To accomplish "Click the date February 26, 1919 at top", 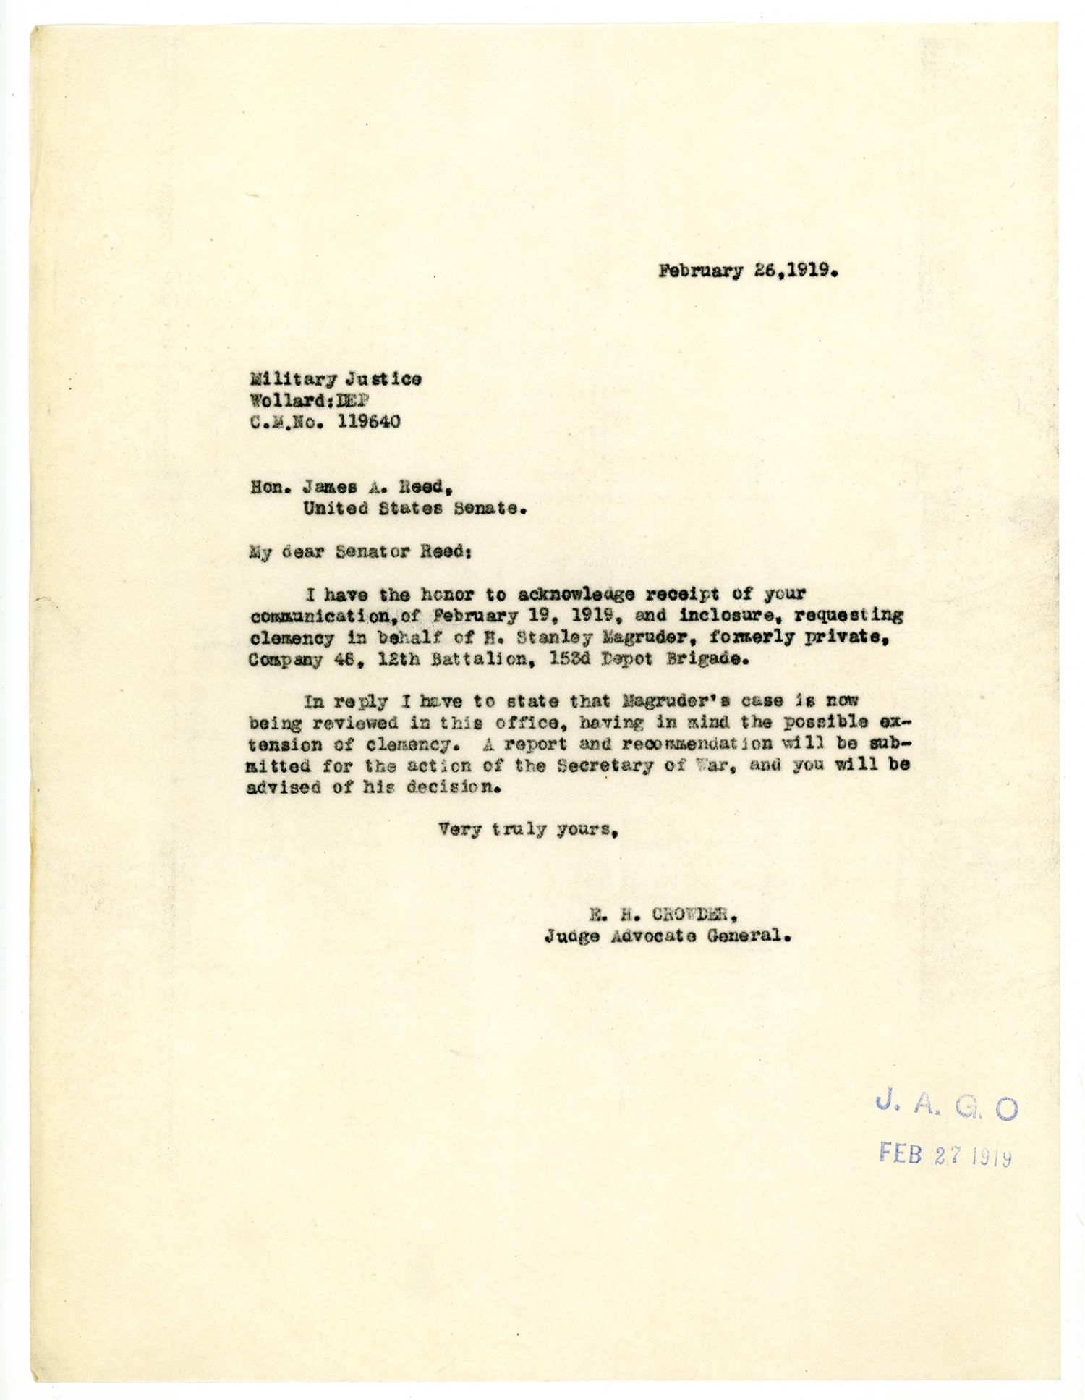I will click(748, 272).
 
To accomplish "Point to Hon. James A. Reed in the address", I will click(348, 487).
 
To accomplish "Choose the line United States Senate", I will click(414, 509).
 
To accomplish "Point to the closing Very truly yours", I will click(527, 829).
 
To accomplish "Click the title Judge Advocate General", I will click(668, 936).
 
